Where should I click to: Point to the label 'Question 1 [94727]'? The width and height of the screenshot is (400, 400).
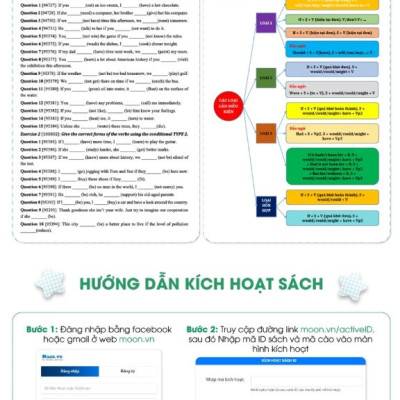37,5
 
